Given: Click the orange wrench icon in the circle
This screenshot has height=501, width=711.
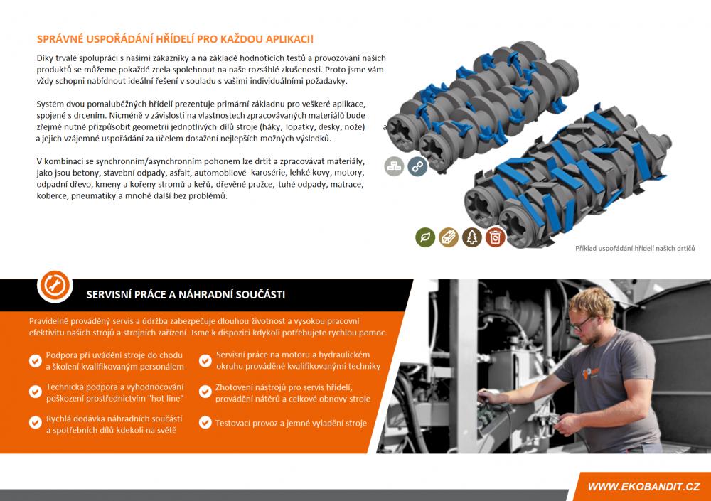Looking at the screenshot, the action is click(x=55, y=286).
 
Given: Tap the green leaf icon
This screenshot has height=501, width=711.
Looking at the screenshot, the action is click(x=425, y=237).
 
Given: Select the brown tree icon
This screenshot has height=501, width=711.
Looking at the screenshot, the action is click(x=471, y=237).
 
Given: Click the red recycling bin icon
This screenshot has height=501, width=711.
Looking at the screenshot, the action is click(x=495, y=237).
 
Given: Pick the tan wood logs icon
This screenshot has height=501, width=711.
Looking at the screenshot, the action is click(x=449, y=237).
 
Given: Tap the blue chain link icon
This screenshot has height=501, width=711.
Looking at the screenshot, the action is click(x=417, y=166).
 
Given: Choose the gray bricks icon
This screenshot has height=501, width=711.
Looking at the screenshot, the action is click(x=394, y=166).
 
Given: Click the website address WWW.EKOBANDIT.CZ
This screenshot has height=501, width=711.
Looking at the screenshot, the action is click(x=643, y=487).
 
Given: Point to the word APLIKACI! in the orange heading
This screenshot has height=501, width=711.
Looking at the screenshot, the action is click(x=289, y=39).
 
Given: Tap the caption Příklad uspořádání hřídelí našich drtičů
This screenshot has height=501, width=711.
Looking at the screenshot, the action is click(x=635, y=249).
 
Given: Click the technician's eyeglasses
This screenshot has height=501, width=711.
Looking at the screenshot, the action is click(x=580, y=324).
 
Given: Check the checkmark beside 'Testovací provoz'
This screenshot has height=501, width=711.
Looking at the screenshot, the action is click(x=205, y=423).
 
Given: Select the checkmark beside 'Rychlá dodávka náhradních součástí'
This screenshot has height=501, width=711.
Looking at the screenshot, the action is click(x=36, y=423).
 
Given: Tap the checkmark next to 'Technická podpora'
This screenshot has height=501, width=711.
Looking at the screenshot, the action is click(x=36, y=392).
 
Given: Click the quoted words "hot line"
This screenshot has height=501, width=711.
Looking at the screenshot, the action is click(x=166, y=399).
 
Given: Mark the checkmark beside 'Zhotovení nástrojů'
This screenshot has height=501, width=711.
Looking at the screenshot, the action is click(x=205, y=392).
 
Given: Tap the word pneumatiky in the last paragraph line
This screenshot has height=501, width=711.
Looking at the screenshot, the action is click(x=90, y=196).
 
